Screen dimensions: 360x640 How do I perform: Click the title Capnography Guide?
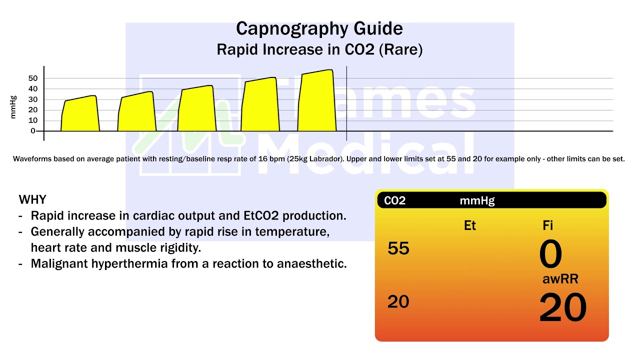(319, 28)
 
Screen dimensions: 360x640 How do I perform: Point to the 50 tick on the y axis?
(33, 78)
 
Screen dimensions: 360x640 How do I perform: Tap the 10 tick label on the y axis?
(33, 120)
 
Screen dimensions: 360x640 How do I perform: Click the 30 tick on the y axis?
(33, 99)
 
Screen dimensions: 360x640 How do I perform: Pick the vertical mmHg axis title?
(13, 107)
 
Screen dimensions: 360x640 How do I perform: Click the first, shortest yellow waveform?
(80, 115)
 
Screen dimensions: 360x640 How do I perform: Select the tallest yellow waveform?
(317, 102)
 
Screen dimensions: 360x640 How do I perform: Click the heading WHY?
(32, 200)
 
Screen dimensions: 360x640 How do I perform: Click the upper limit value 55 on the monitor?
(398, 248)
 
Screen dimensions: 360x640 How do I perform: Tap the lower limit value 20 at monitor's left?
(398, 302)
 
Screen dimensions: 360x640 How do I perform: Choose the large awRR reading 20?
(562, 308)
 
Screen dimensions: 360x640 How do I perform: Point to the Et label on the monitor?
(470, 225)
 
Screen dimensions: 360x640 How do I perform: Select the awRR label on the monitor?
(560, 279)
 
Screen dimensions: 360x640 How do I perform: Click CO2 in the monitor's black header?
(394, 201)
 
